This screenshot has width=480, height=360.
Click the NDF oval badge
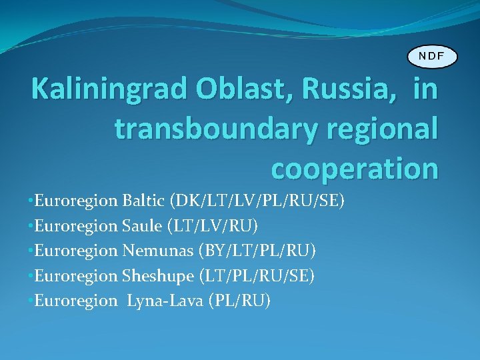point(432,56)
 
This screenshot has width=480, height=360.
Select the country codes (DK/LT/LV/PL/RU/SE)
point(258,201)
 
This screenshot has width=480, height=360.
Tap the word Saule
point(142,226)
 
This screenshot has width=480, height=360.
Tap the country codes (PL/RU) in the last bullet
point(240,301)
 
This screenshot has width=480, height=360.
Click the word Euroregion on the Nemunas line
point(76,251)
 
